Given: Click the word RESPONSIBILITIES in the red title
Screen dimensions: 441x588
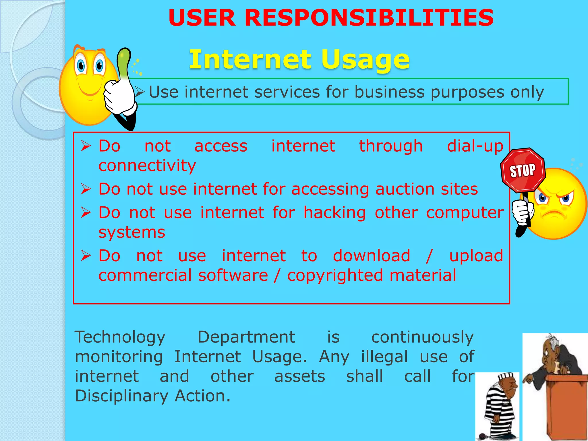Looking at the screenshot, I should pyautogui.click(x=369, y=18).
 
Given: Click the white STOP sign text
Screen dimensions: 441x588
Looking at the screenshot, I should pyautogui.click(x=522, y=171).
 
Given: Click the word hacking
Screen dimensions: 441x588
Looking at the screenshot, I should pyautogui.click(x=335, y=213).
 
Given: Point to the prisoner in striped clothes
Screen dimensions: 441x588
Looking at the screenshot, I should pyautogui.click(x=498, y=408).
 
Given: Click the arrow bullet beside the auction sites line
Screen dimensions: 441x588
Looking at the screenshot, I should pyautogui.click(x=86, y=189).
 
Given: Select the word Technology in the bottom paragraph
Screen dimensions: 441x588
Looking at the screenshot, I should pyautogui.click(x=120, y=337).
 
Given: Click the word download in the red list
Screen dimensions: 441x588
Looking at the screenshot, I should pyautogui.click(x=372, y=256).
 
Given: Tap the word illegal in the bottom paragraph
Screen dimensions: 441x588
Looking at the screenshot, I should pyautogui.click(x=384, y=357).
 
